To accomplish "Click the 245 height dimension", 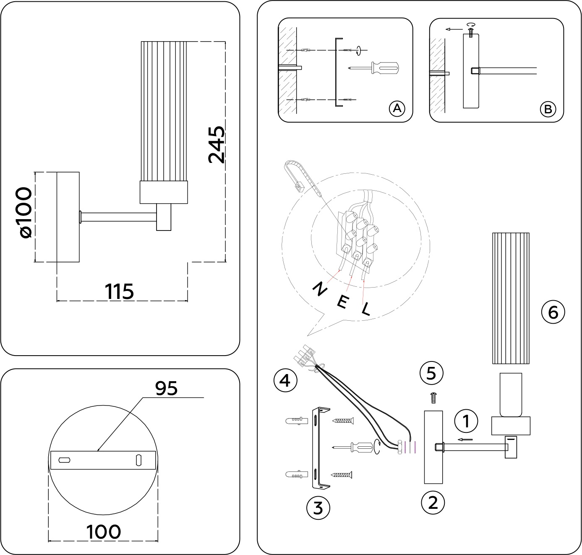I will tap(217, 145).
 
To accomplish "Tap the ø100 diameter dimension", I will tap(25, 213).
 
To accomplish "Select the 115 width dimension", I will tap(119, 291).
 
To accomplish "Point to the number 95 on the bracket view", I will tap(167, 388).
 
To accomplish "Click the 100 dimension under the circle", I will tap(104, 532).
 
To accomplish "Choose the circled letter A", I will tap(397, 109).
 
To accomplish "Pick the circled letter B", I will tap(548, 109).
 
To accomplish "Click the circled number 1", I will tap(466, 421).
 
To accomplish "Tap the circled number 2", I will tap(433, 502).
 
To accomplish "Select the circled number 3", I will tap(318, 508).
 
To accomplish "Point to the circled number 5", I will tap(432, 373).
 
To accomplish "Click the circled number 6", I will tap(553, 312).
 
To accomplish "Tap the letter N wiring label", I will tap(320, 289).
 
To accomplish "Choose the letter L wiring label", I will tap(366, 309).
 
